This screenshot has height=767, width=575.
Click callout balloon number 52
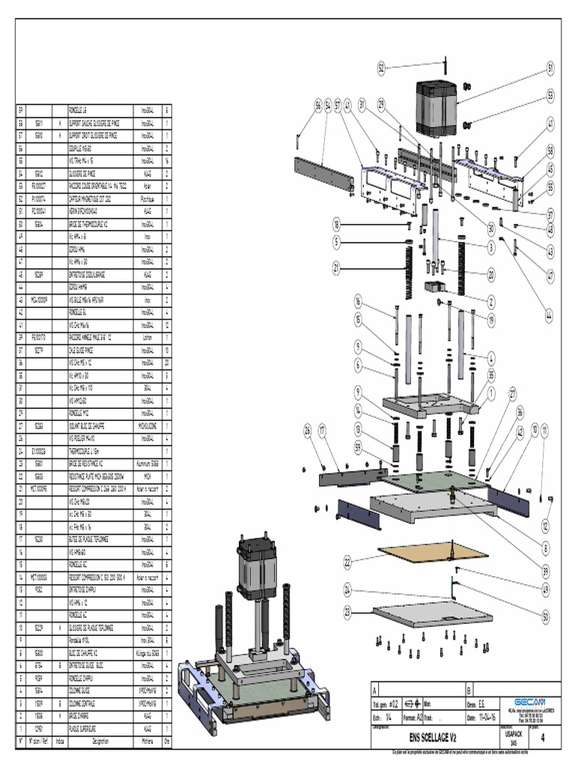click(x=381, y=68)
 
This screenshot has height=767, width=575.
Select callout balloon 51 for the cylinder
click(x=551, y=68)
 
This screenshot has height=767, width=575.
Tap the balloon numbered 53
click(x=551, y=96)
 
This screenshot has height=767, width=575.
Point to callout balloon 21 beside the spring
click(x=337, y=267)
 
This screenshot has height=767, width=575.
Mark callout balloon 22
click(x=347, y=561)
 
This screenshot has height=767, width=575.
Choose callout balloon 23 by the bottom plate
click(x=347, y=610)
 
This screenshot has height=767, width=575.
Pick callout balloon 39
click(x=545, y=570)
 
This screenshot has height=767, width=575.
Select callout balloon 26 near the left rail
click(x=307, y=429)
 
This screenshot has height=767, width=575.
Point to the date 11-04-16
click(x=490, y=716)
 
